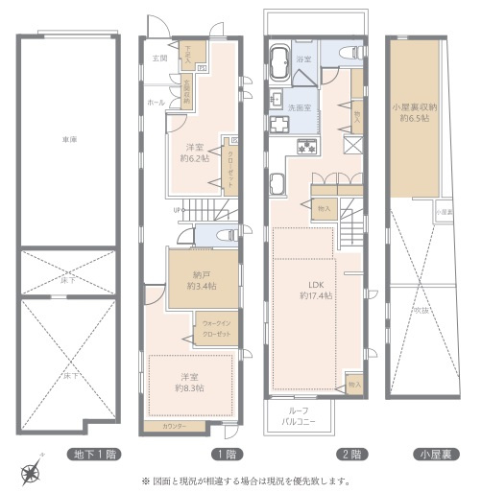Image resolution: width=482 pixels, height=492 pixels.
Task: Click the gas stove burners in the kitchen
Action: coord(307,147)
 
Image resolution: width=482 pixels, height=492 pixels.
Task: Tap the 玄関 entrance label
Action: coord(158,59)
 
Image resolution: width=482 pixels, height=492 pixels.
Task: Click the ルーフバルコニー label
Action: coord(299,414)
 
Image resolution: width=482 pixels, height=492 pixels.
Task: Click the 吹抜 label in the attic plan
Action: coord(420,310)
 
